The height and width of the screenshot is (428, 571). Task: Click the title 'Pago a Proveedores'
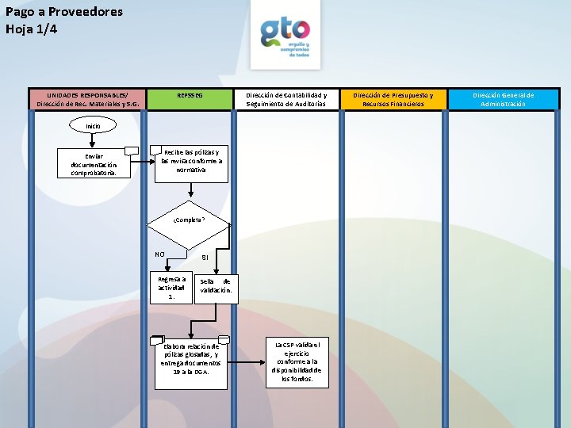63,12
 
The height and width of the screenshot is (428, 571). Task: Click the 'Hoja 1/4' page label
32,29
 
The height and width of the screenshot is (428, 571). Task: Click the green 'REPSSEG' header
190,96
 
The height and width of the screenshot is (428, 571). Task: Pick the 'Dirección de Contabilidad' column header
285,99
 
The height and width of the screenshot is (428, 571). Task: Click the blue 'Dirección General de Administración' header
504,99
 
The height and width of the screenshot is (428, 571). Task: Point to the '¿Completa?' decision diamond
190,220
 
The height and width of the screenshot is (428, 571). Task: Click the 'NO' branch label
159,255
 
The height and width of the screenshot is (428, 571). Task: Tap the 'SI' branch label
205,258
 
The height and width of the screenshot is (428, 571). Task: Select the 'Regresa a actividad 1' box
171,288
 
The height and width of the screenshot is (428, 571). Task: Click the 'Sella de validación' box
215,286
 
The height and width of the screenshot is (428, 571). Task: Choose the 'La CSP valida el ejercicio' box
297,362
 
